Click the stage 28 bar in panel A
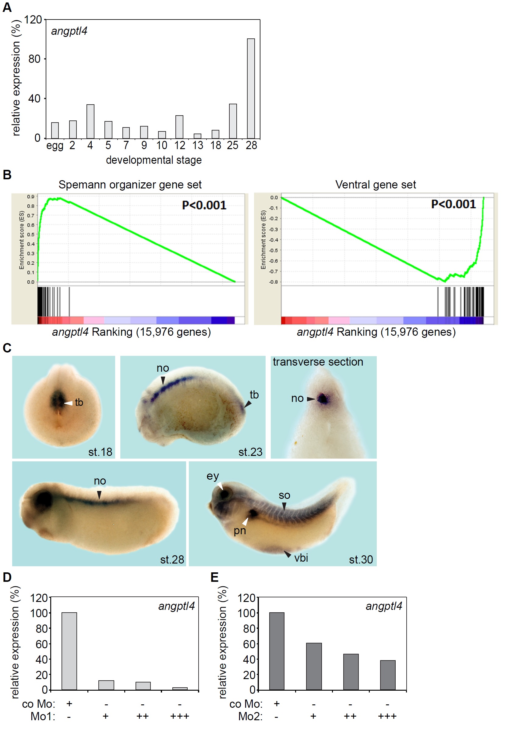coord(251,88)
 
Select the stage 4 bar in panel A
coord(90,121)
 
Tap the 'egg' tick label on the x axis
coord(55,146)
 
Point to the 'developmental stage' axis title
coord(154,160)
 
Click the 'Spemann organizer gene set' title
coord(130,185)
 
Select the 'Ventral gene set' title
coord(376,185)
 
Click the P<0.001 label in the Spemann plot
coord(204,205)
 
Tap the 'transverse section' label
coord(318,362)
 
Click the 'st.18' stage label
coord(100,452)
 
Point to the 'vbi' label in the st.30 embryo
coord(301,558)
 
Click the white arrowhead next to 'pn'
coord(245,521)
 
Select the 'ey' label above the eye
coord(213,476)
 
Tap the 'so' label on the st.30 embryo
coord(284,495)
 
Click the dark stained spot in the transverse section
coord(323,399)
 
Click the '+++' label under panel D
coord(180,716)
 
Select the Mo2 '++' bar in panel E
coord(351,672)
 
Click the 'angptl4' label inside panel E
coord(384,606)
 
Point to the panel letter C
coord(7,348)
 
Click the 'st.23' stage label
coord(250,452)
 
